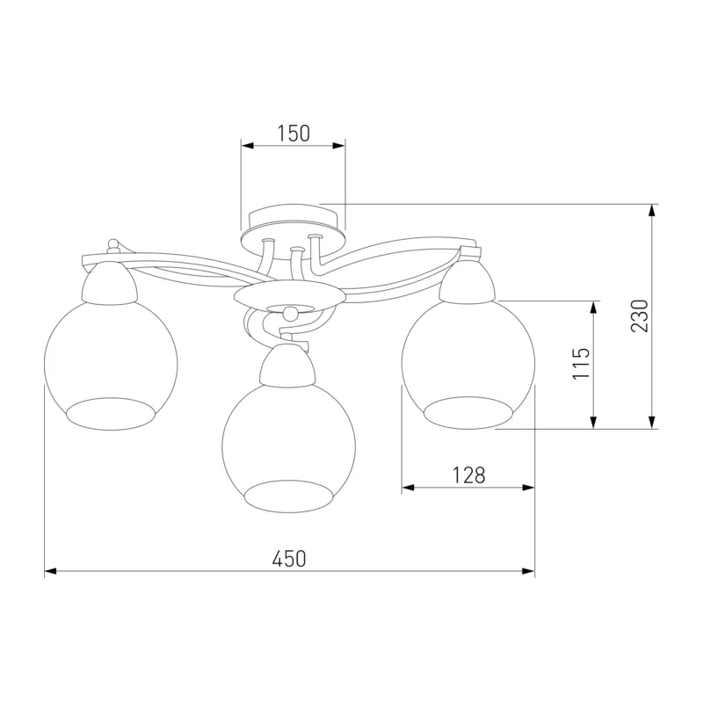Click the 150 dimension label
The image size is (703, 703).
[x=294, y=134]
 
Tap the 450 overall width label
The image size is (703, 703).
[x=289, y=559]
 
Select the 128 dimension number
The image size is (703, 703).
[x=468, y=475]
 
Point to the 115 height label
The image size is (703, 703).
[x=582, y=363]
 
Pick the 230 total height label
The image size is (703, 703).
[x=640, y=315]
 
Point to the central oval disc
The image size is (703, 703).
[x=290, y=294]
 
